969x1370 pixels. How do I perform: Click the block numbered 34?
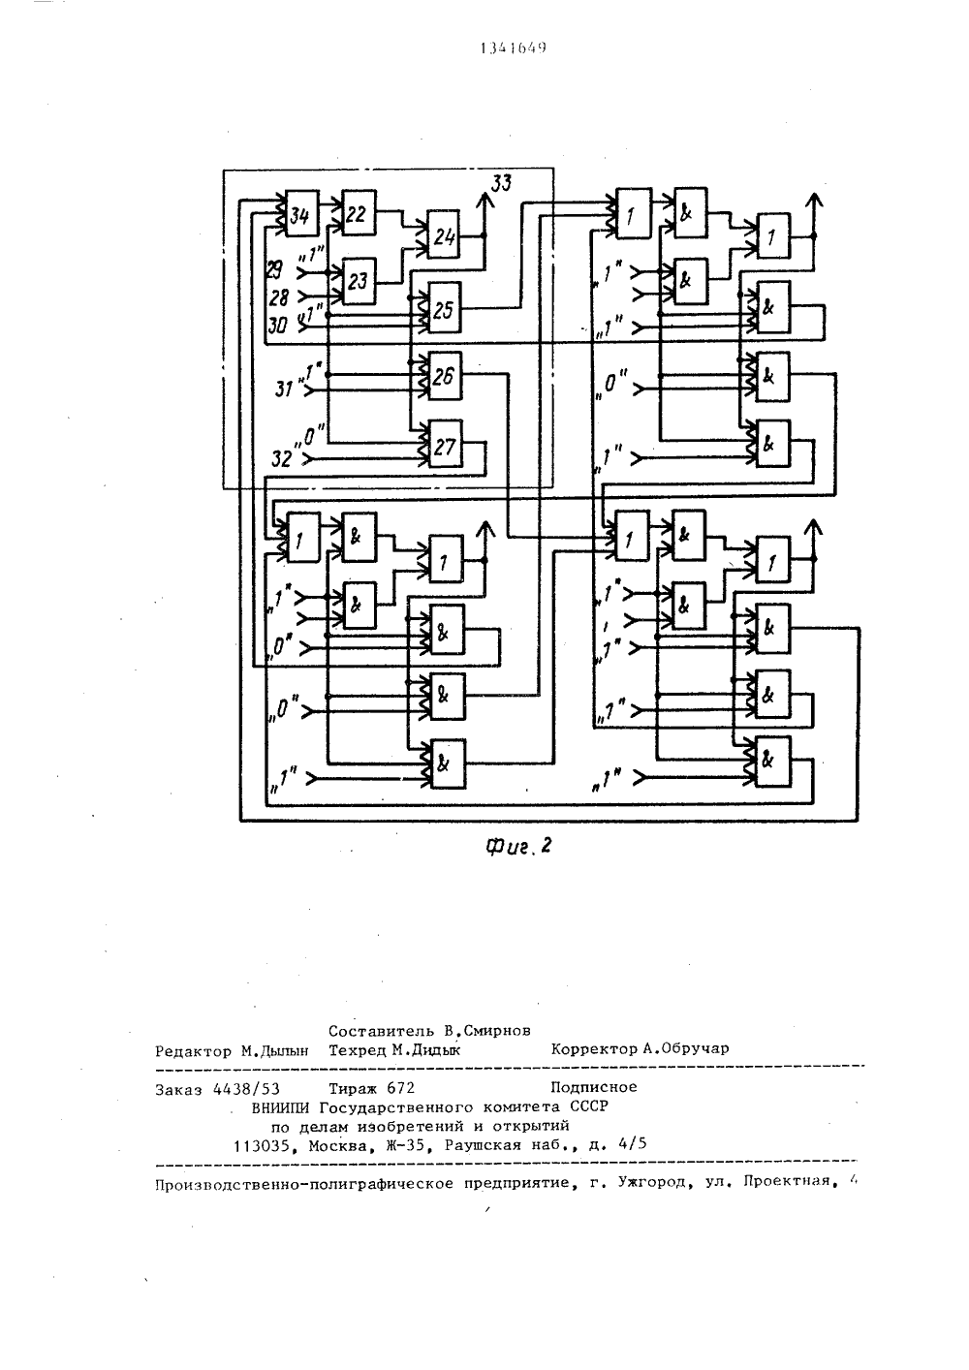[302, 213]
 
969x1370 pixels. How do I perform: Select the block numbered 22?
[359, 213]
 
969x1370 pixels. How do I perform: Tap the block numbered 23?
[359, 281]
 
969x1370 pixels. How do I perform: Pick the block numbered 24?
[444, 235]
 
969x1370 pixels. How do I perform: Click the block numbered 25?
[445, 309]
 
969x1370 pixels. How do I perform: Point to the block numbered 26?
[445, 376]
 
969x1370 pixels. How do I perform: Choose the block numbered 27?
[446, 445]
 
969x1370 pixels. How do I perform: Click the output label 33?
[501, 182]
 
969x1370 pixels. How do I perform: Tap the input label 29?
[275, 269]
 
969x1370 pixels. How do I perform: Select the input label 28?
[279, 297]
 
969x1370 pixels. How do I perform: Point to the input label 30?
[277, 326]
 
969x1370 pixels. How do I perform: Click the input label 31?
[284, 388]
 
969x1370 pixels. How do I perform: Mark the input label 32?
[281, 458]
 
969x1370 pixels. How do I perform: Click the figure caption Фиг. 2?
[518, 846]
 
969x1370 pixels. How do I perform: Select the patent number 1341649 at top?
[513, 48]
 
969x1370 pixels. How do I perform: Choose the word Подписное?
[593, 1087]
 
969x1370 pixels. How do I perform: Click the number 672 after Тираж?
[401, 1088]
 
